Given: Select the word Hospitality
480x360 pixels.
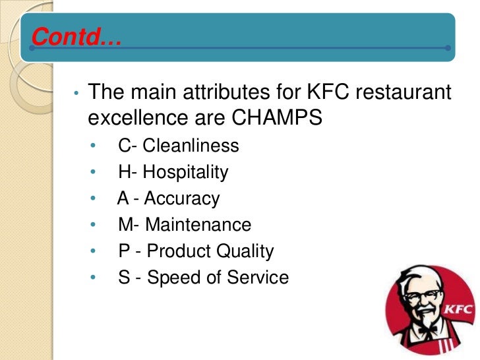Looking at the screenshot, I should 185,172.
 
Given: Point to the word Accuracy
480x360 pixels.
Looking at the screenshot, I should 181,198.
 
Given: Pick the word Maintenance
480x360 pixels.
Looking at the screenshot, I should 198,225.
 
